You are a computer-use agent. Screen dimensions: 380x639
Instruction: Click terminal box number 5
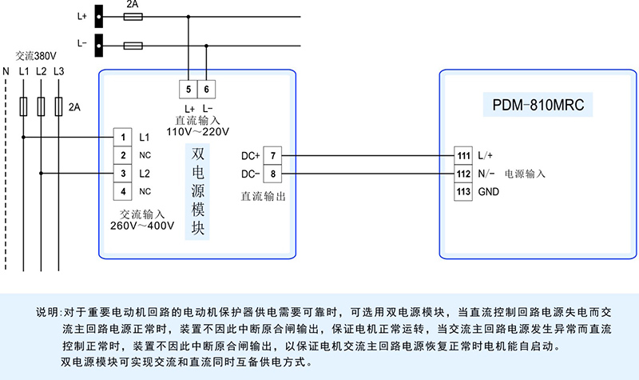pyautogui.click(x=188, y=89)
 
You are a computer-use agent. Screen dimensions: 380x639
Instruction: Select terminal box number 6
pyautogui.click(x=207, y=89)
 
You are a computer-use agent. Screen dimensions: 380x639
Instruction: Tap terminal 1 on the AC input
pyautogui.click(x=123, y=137)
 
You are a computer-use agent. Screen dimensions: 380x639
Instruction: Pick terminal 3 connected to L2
pyautogui.click(x=123, y=173)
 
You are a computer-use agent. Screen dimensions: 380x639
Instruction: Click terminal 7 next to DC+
pyautogui.click(x=273, y=155)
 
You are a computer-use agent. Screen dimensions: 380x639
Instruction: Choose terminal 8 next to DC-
pyautogui.click(x=273, y=174)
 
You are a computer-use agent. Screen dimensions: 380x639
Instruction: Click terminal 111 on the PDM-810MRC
pyautogui.click(x=463, y=155)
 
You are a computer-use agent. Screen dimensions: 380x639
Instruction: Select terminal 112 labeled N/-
pyautogui.click(x=463, y=174)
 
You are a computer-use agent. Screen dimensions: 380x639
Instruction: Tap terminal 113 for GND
pyautogui.click(x=463, y=192)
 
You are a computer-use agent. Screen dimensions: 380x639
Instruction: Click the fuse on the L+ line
pyautogui.click(x=134, y=15)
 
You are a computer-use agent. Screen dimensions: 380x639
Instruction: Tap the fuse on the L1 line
pyautogui.click(x=23, y=105)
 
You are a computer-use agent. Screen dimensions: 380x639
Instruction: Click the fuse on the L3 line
pyautogui.click(x=58, y=105)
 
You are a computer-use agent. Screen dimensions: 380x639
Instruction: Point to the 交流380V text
pyautogui.click(x=36, y=57)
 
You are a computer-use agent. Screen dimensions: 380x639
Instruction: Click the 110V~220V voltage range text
pyautogui.click(x=197, y=130)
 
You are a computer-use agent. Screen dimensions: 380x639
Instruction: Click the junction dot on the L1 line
pyautogui.click(x=23, y=137)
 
